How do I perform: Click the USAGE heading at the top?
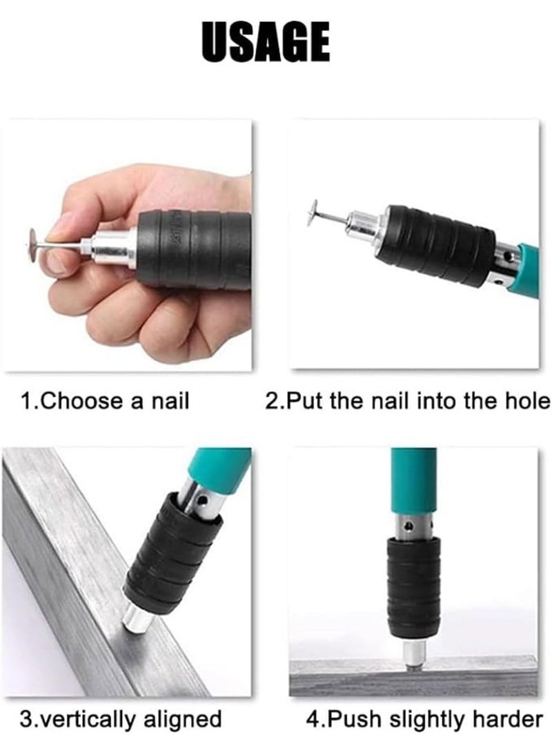click(x=266, y=43)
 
